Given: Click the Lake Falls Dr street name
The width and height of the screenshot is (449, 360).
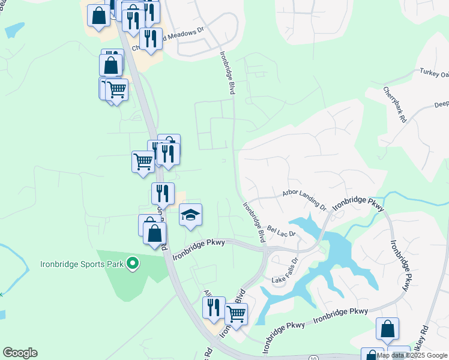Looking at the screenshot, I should click(x=285, y=270).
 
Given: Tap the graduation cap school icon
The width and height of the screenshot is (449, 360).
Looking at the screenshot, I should click(x=191, y=215).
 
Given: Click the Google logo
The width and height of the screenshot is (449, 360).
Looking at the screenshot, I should click(x=20, y=353).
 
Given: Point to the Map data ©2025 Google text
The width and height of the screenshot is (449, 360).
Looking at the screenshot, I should click(x=411, y=355).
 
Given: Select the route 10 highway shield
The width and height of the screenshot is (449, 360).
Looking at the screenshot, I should click(x=313, y=358).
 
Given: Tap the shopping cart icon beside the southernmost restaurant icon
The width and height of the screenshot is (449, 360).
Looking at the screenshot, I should click(x=236, y=313).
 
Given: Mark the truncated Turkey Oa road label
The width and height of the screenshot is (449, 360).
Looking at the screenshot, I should click(x=435, y=73).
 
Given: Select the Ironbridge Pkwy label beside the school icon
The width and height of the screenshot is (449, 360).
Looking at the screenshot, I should click(x=198, y=249).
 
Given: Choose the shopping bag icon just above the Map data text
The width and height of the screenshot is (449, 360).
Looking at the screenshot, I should click(x=387, y=329).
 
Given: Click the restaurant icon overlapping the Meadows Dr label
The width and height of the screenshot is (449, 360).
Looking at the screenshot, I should click(x=151, y=39).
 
